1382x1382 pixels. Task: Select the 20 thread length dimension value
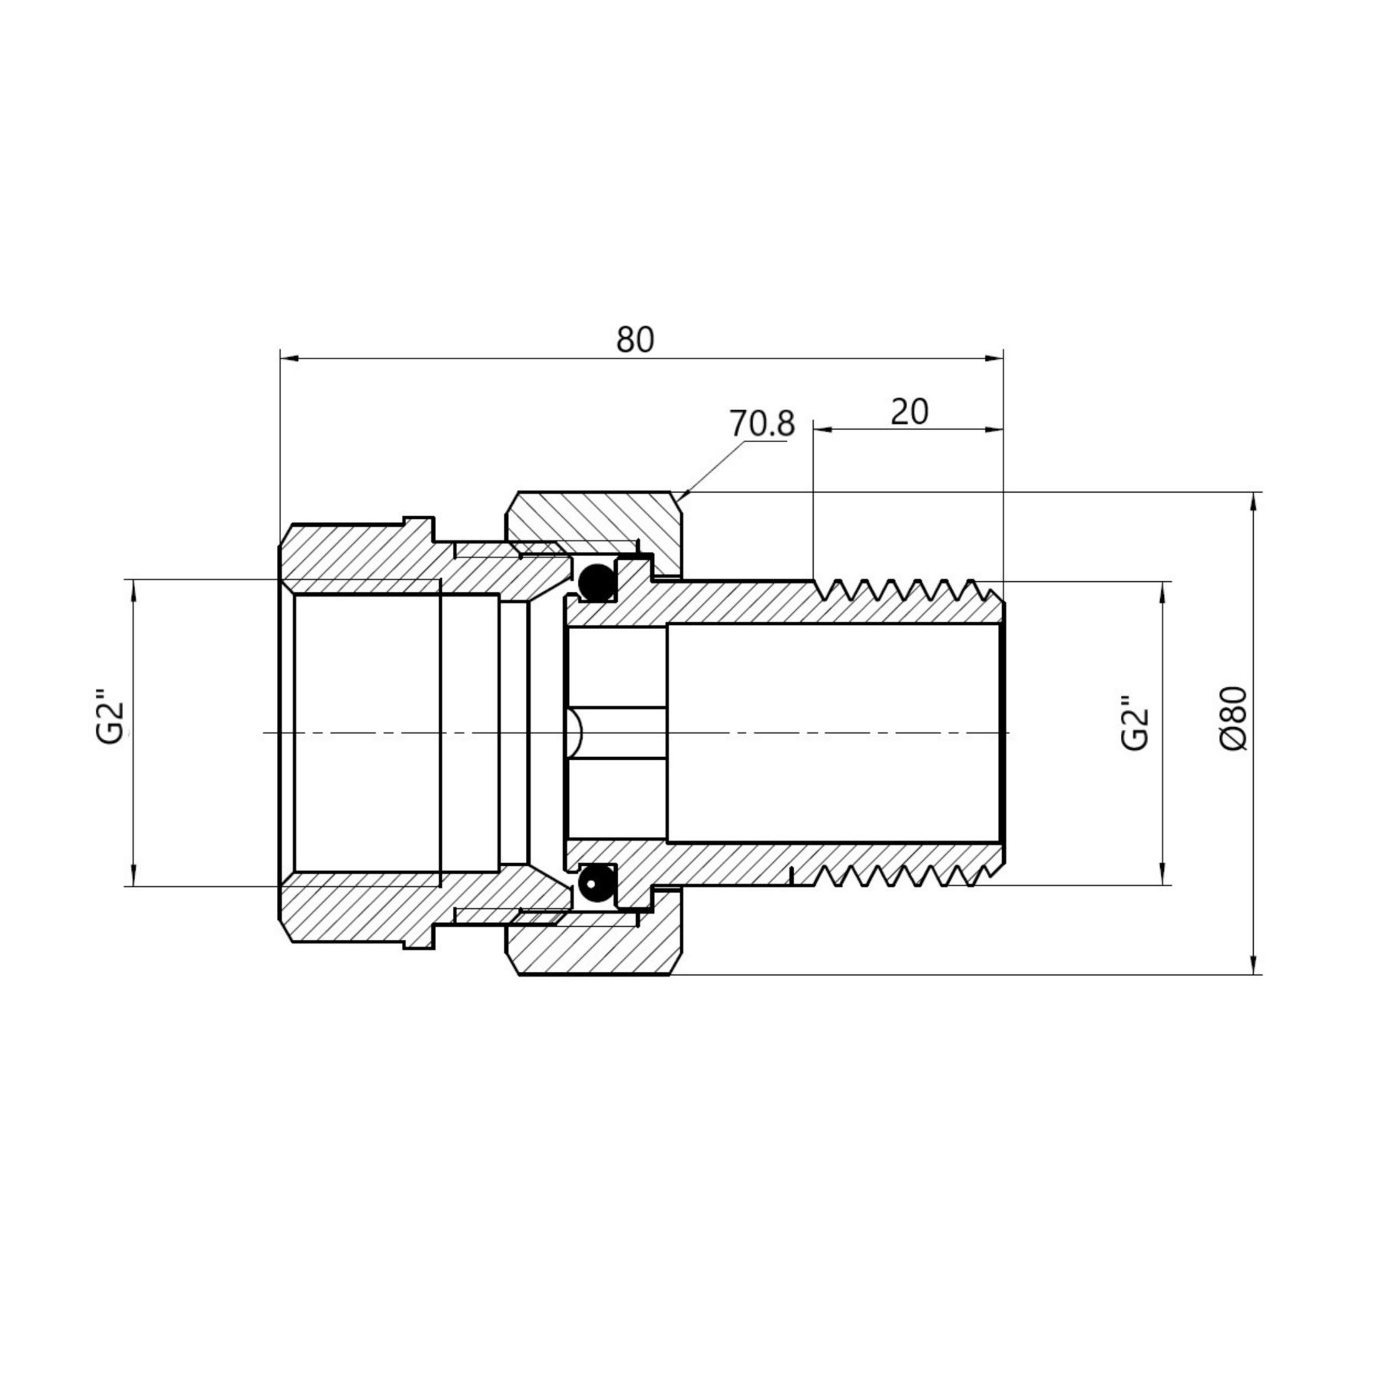909,412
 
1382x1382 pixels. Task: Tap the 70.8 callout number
762,425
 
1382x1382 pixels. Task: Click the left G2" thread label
111,721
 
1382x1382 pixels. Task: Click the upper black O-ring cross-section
596,583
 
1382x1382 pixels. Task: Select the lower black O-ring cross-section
596,883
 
